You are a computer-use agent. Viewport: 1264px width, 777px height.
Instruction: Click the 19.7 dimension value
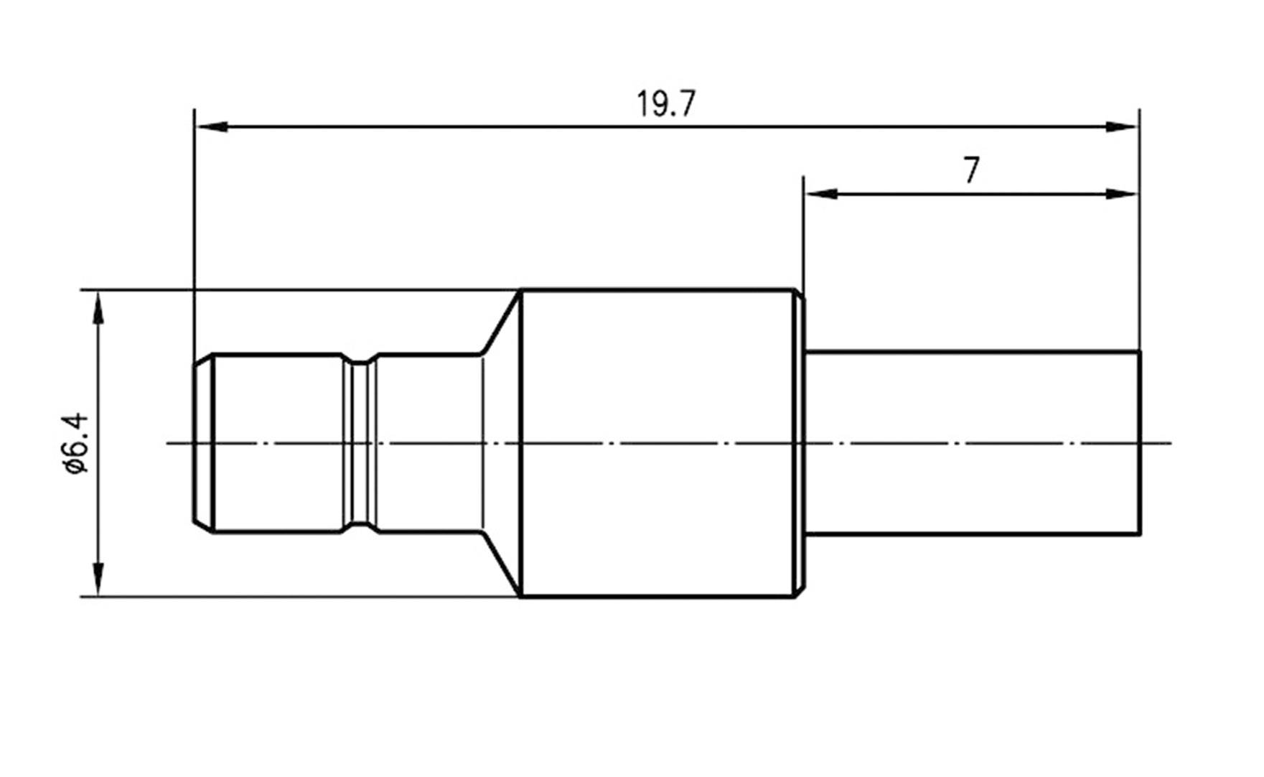pos(665,105)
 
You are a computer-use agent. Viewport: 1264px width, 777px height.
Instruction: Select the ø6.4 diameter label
pos(76,442)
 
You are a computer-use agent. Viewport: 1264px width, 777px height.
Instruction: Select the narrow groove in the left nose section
pos(360,443)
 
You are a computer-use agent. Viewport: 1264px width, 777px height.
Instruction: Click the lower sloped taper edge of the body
pos(500,564)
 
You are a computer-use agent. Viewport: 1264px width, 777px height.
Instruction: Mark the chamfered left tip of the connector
pos(203,443)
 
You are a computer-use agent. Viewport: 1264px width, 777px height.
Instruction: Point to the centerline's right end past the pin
pos(1163,443)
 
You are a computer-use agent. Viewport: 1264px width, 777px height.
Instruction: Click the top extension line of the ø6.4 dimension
pos(287,290)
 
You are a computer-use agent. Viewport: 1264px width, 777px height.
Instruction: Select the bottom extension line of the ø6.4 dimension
pos(287,596)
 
